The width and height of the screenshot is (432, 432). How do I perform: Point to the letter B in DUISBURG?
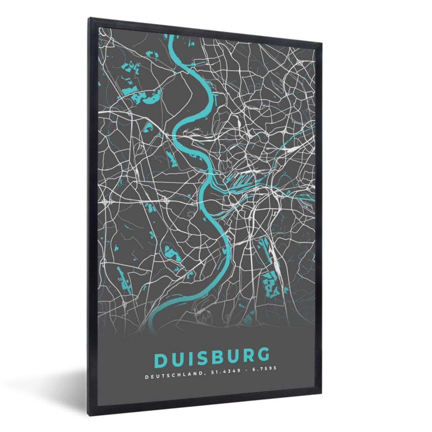221,357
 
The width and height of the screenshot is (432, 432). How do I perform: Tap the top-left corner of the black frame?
89,18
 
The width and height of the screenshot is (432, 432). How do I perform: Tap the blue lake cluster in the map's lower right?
270,282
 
